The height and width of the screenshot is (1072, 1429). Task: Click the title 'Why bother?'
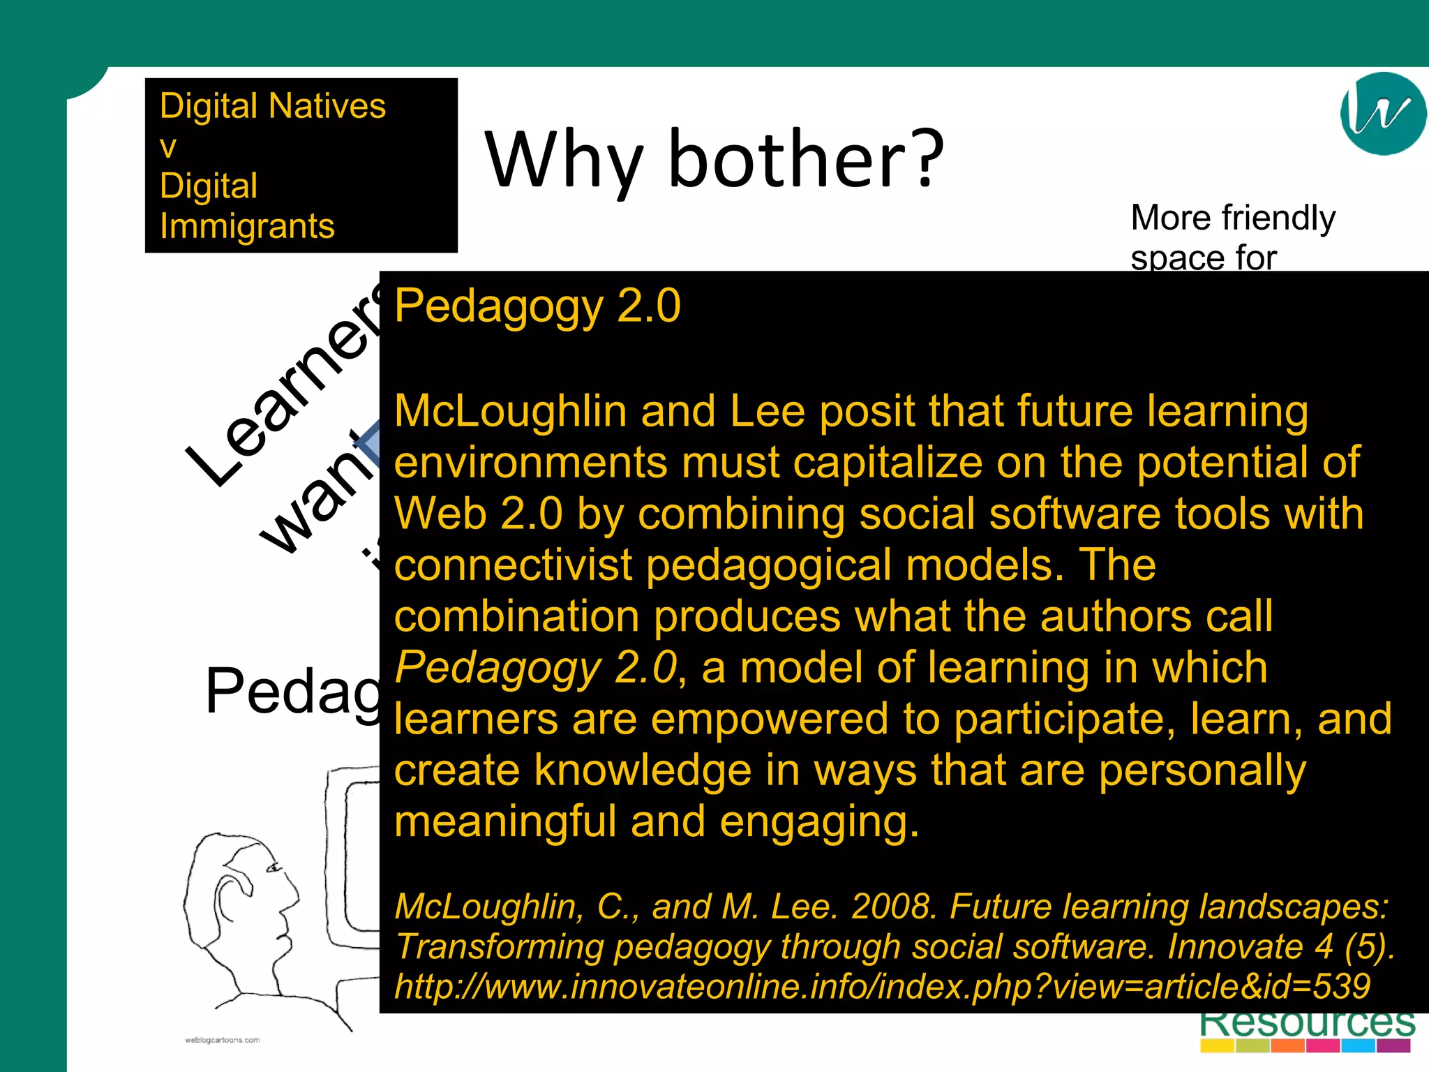(714, 161)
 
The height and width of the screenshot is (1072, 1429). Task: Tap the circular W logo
(1382, 113)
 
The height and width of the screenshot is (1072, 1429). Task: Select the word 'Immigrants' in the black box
(247, 226)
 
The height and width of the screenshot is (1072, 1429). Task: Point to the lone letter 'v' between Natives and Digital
(167, 147)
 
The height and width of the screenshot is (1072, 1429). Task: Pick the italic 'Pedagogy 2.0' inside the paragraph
(535, 668)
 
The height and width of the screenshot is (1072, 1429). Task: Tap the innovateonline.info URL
(882, 987)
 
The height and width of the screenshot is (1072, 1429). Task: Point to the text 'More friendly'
(1232, 218)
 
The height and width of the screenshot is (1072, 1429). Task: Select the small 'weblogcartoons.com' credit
(222, 1040)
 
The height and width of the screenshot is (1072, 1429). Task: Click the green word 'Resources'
(1307, 1022)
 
